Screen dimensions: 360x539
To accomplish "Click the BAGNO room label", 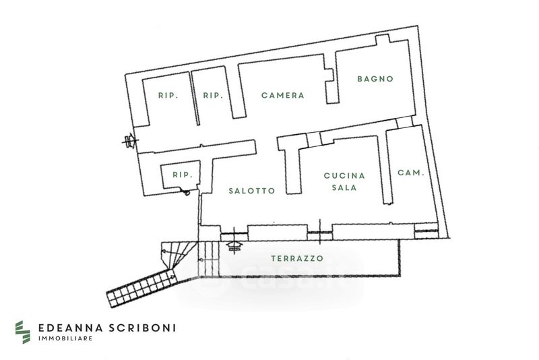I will pyautogui.click(x=375, y=79).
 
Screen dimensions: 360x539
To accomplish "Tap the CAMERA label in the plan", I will pyautogui.click(x=283, y=96).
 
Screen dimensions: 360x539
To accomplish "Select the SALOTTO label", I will pyautogui.click(x=251, y=191).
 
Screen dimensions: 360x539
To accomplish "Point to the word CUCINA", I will pyautogui.click(x=344, y=176).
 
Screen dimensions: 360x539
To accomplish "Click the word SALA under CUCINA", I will pyautogui.click(x=344, y=188).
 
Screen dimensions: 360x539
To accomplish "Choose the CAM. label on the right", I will pyautogui.click(x=410, y=173).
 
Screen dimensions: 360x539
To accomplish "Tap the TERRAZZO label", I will pyautogui.click(x=297, y=258).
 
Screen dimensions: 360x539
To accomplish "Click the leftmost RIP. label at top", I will pyautogui.click(x=168, y=96).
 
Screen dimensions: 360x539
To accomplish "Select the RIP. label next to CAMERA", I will pyautogui.click(x=213, y=96).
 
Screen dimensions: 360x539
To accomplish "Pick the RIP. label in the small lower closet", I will pyautogui.click(x=183, y=175).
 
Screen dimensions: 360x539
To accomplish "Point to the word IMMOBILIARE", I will pyautogui.click(x=65, y=338).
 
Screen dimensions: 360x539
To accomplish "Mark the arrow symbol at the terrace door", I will pyautogui.click(x=234, y=244).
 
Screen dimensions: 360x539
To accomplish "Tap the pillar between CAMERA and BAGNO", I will pyautogui.click(x=330, y=86).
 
